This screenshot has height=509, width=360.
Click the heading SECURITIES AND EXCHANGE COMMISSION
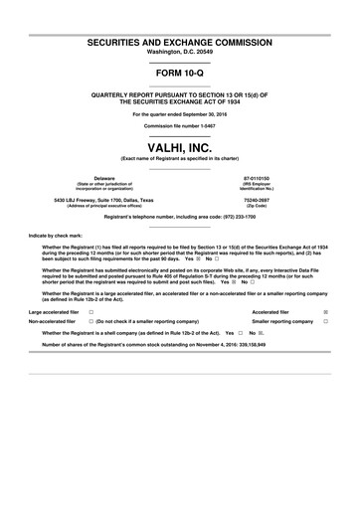pyautogui.click(x=179, y=47)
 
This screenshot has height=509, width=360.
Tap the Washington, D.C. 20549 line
pyautogui.click(x=179, y=57)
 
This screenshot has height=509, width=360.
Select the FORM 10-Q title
pyautogui.click(x=179, y=78)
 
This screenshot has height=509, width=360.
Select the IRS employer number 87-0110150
pyautogui.click(x=256, y=178)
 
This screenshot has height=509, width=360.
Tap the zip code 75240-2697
pyautogui.click(x=256, y=199)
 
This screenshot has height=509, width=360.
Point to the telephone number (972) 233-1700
pyautogui.click(x=231, y=216)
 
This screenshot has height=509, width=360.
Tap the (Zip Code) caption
pyautogui.click(x=256, y=205)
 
